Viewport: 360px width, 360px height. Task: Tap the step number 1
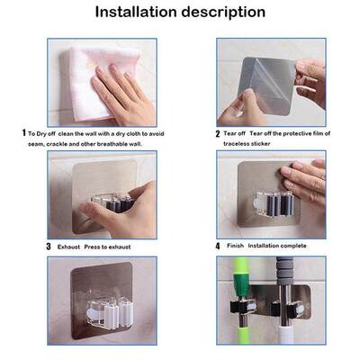click(x=23, y=132)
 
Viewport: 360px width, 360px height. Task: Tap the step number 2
click(x=218, y=133)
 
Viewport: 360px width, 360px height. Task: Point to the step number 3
click(x=49, y=246)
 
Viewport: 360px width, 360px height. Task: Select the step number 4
click(x=218, y=246)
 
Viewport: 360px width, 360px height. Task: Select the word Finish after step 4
click(x=237, y=246)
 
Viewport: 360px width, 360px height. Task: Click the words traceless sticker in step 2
click(x=247, y=142)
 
